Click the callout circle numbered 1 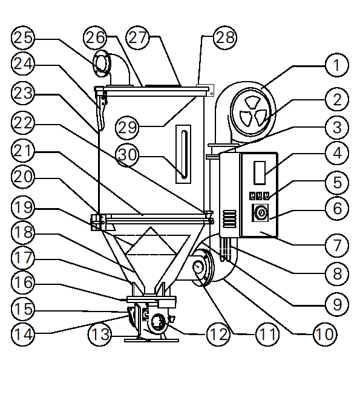coord(337,65)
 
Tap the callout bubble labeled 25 coord(23,38)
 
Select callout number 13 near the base coord(99,335)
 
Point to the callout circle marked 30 coord(127,154)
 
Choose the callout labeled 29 coord(127,127)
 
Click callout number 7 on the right coord(337,245)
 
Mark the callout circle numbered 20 coord(23,177)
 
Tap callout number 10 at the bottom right coord(325,335)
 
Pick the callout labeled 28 coord(225,38)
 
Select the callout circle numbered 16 coord(23,282)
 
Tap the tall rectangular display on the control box coord(260,173)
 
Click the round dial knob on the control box coord(261,213)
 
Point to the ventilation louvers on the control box coord(229,219)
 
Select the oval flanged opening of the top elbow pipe coord(102,64)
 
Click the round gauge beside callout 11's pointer coord(198,267)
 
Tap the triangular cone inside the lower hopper coord(151,241)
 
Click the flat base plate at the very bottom coord(151,341)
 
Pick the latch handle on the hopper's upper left coord(101,112)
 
